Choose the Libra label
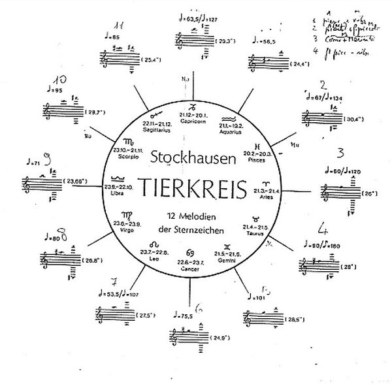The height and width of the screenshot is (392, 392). tap(118, 193)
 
